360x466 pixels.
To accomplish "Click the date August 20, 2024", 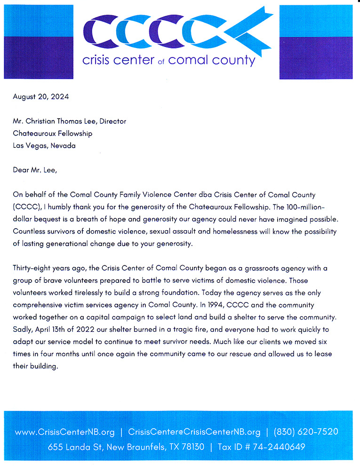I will pyautogui.click(x=41, y=97).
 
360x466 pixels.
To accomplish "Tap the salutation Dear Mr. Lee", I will pyautogui.click(x=35, y=170).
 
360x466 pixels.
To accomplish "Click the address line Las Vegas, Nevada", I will pyautogui.click(x=44, y=145).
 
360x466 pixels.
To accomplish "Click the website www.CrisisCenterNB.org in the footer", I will pyautogui.click(x=65, y=432).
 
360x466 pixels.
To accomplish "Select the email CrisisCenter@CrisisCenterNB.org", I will pyautogui.click(x=194, y=432).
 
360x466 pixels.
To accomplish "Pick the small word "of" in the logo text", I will pyautogui.click(x=161, y=62).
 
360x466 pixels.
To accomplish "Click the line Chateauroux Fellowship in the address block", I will pyautogui.click(x=53, y=133).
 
